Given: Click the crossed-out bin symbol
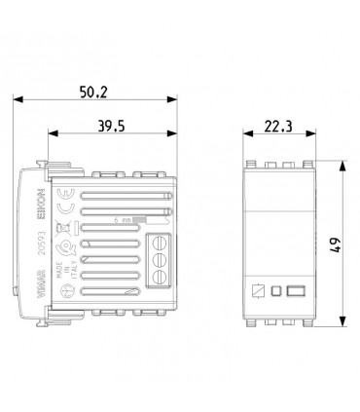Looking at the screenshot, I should tap(68, 231).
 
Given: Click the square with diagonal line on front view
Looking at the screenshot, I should tap(259, 289).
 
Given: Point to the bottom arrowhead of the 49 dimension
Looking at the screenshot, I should tap(343, 322).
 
